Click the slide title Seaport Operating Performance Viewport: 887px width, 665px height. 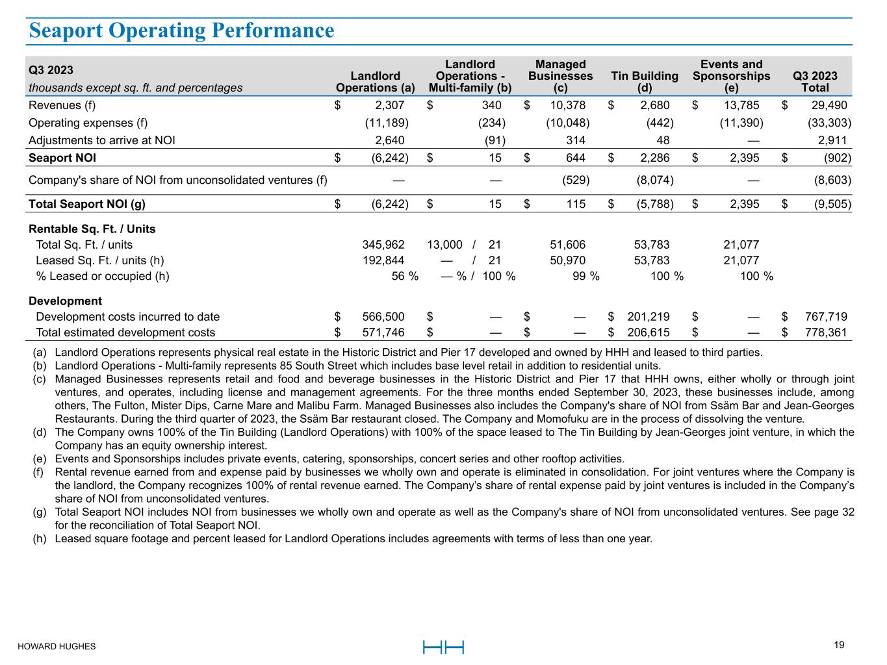click(x=181, y=31)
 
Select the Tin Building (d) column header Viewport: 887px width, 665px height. click(x=645, y=82)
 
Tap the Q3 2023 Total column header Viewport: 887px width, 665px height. click(x=815, y=82)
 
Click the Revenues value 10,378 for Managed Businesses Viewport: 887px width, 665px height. click(x=563, y=105)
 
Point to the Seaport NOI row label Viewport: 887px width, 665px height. click(x=62, y=158)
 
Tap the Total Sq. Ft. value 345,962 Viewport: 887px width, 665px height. click(x=383, y=245)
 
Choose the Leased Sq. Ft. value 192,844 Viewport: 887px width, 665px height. click(x=383, y=260)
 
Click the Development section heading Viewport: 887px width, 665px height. click(x=65, y=301)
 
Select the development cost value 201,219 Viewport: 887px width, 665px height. click(x=648, y=317)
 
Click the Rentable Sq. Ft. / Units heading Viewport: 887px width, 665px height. click(x=92, y=229)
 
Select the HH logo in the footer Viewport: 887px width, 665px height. click(x=443, y=647)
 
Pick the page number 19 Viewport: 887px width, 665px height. click(x=839, y=645)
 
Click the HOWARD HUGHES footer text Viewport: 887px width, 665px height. click(x=57, y=647)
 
